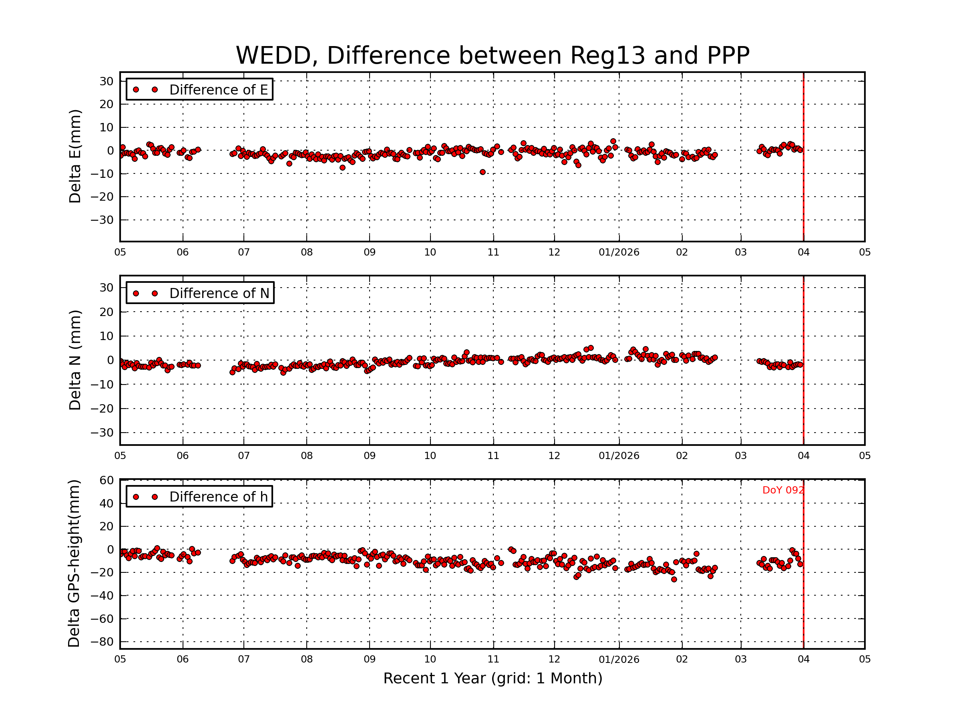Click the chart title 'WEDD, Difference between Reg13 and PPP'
click(493, 56)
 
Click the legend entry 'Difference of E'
click(218, 90)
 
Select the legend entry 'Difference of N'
click(219, 293)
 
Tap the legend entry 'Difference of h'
click(218, 497)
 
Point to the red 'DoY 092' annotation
click(783, 490)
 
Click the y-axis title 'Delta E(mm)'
click(75, 157)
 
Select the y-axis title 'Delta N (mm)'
click(75, 360)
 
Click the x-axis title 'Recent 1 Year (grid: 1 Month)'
click(493, 679)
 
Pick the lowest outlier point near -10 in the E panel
click(483, 172)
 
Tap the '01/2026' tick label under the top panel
click(619, 252)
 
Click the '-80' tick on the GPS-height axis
click(103, 642)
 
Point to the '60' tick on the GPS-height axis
click(107, 480)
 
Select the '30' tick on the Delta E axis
click(107, 81)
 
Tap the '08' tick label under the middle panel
click(307, 456)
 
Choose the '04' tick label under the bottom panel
click(803, 659)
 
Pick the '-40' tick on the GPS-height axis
click(103, 596)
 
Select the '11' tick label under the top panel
click(493, 252)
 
